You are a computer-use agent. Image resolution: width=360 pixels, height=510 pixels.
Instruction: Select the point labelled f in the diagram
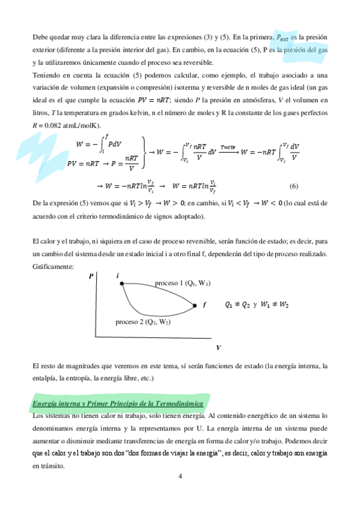click(x=195, y=306)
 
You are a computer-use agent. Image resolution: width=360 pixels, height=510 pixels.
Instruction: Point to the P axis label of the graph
click(x=91, y=276)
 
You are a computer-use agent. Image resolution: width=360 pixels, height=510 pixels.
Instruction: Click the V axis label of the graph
click(x=218, y=348)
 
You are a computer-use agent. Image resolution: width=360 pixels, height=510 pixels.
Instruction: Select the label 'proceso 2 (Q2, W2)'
click(x=143, y=322)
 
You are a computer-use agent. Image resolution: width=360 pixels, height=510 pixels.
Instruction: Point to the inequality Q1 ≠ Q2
click(x=237, y=305)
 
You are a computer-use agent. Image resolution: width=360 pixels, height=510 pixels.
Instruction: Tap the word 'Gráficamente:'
click(x=53, y=266)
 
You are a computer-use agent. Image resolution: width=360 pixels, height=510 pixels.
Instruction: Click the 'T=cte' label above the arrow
click(x=227, y=146)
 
